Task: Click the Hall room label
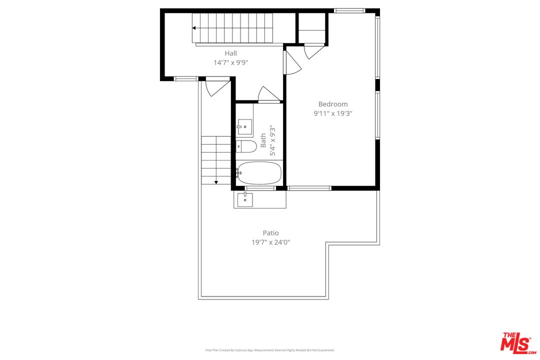[230, 53]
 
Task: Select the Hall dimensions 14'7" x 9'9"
[230, 62]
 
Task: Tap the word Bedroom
[333, 104]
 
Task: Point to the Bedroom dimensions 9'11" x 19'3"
[333, 113]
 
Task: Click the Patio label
[270, 232]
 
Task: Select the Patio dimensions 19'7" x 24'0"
[270, 242]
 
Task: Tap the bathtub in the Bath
[259, 173]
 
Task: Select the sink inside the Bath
[244, 127]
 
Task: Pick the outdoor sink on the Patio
[245, 199]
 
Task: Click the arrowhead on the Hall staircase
[194, 28]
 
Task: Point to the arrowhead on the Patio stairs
[216, 182]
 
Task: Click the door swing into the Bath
[267, 95]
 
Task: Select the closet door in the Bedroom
[313, 51]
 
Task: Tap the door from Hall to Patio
[216, 86]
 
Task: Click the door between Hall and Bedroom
[292, 62]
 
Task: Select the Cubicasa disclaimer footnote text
[270, 350]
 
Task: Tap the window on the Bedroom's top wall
[349, 10]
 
